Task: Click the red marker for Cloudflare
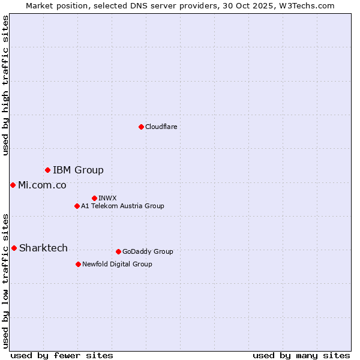141,127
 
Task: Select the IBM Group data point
47,170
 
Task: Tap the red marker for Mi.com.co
13,185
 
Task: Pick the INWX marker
94,198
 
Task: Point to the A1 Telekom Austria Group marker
77,206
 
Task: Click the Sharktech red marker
14,248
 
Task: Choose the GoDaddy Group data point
118,251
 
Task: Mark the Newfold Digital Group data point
78,264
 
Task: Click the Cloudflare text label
161,127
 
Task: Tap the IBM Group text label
78,170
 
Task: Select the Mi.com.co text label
42,185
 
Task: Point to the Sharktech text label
43,248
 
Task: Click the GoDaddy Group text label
148,251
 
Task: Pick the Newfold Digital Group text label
117,264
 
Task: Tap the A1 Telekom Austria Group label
122,206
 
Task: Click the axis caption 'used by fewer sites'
62,355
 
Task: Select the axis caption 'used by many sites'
301,355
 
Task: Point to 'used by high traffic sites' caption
5,85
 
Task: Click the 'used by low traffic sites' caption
5,280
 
